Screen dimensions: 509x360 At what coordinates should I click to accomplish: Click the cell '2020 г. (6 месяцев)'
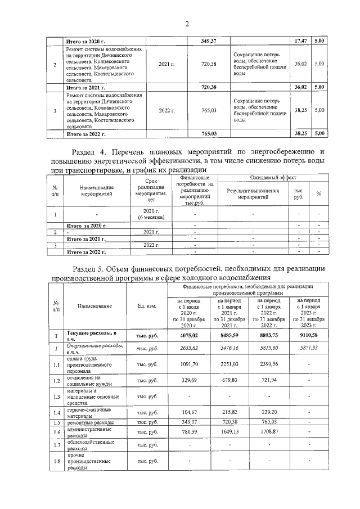[149, 214]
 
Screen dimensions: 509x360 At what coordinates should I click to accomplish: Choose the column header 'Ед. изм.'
[146, 306]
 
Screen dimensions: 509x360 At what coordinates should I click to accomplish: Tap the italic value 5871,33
[308, 349]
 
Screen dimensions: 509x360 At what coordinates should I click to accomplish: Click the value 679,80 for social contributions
[228, 381]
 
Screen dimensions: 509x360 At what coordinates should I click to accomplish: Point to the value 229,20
[268, 413]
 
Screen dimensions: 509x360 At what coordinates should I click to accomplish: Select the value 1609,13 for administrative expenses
[228, 431]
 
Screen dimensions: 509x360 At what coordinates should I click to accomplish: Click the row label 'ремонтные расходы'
[91, 422]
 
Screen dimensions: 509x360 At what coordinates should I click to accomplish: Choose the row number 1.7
[56, 446]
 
